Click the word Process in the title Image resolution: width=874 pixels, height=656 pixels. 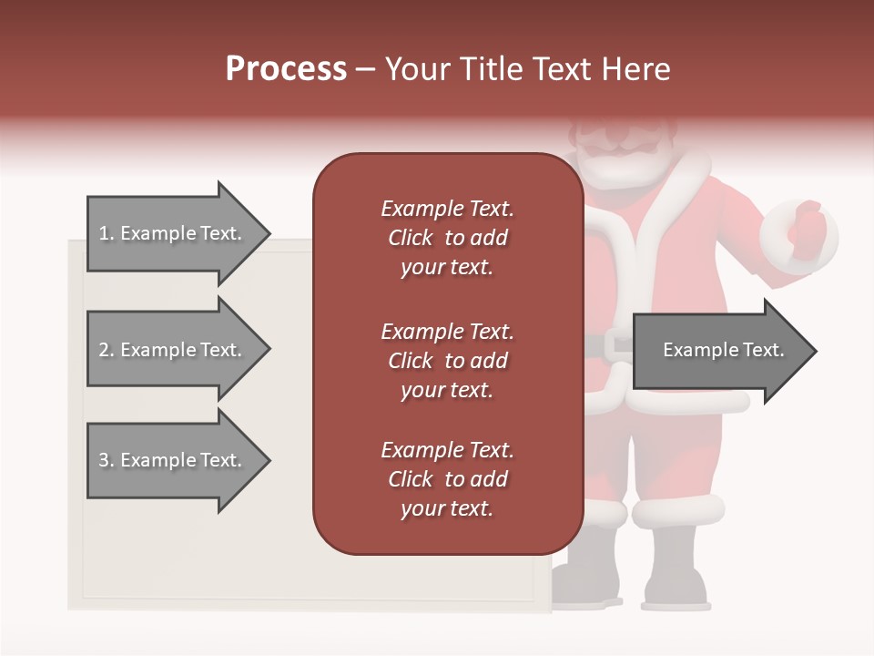tap(286, 69)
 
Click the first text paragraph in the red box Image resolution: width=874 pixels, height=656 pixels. tap(447, 238)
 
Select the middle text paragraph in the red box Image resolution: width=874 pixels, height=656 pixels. tap(447, 361)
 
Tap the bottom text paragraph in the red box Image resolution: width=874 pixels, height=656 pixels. tap(447, 479)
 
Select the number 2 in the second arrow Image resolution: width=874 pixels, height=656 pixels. tap(103, 350)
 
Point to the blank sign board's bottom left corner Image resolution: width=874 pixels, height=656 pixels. tap(71, 607)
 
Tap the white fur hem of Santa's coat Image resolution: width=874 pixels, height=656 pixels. tap(692, 401)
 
